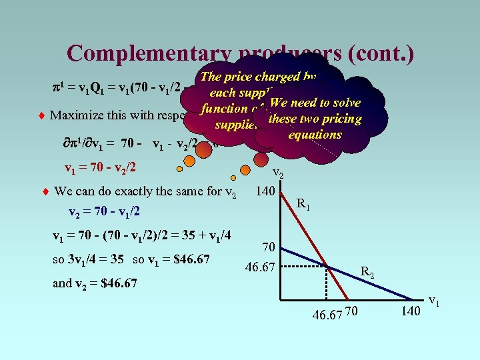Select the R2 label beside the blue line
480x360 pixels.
coord(367,271)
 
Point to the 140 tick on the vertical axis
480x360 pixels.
coord(267,192)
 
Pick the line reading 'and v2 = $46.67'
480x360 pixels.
coord(95,283)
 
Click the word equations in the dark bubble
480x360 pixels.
coord(315,134)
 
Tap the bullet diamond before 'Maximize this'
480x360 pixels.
coord(43,115)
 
